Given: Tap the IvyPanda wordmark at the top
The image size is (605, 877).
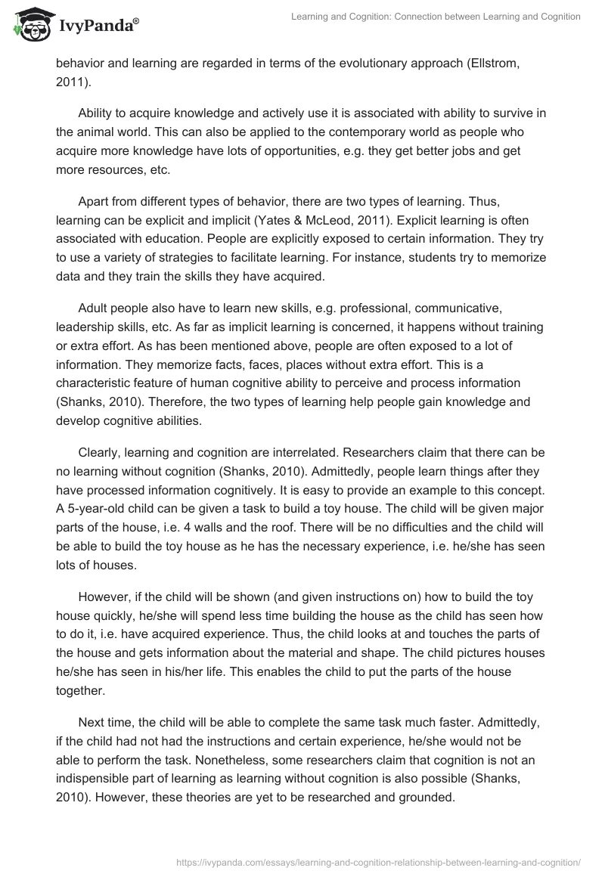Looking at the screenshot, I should pyautogui.click(x=97, y=27).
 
